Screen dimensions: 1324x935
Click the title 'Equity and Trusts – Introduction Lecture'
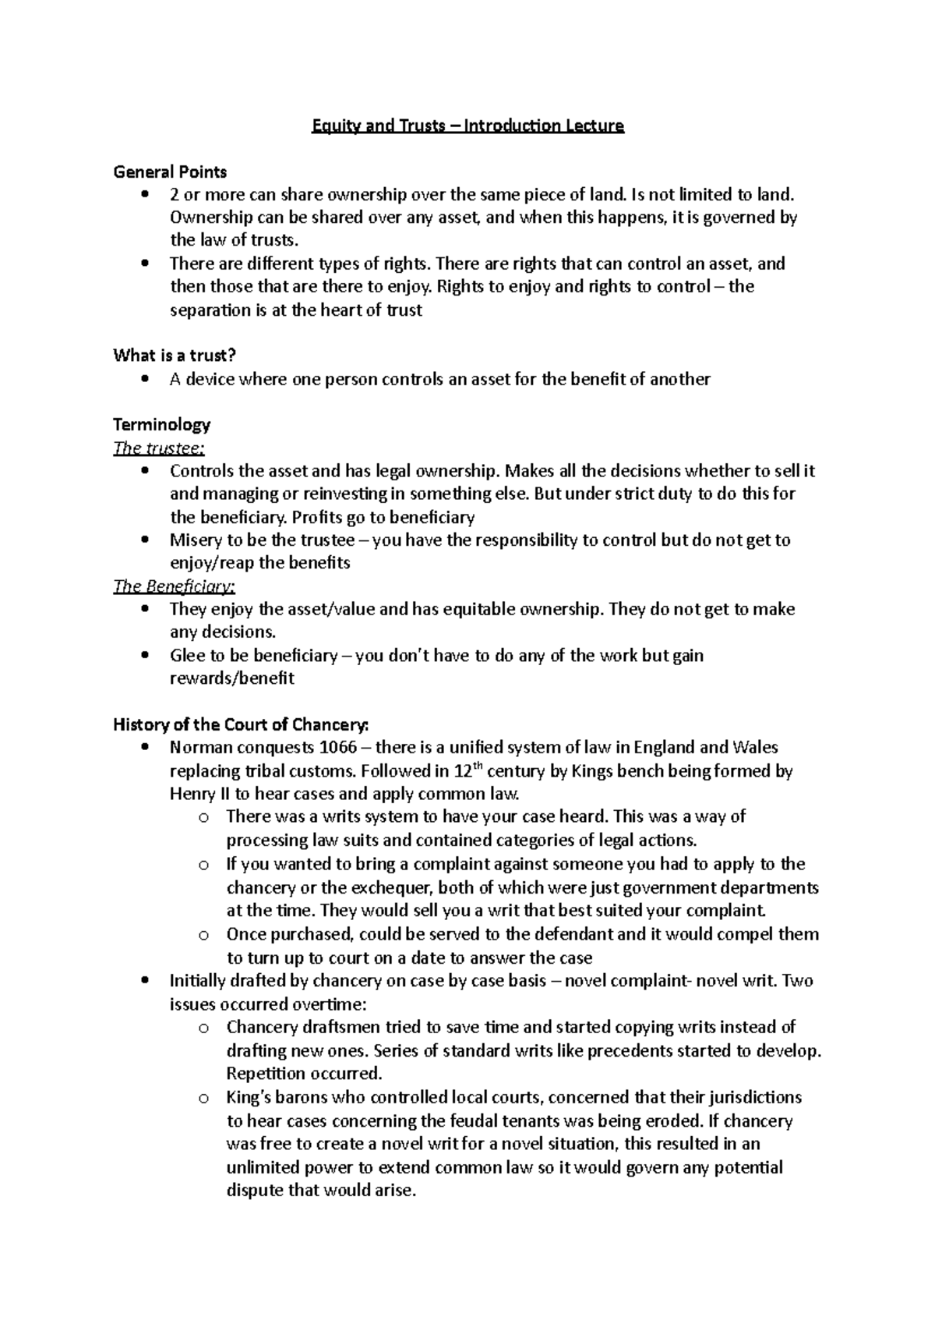click(467, 126)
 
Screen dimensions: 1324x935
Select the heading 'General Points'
click(170, 172)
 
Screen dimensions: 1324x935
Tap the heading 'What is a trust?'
click(175, 356)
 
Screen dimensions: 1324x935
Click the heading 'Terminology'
click(162, 425)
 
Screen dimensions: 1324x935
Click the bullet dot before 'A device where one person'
click(145, 380)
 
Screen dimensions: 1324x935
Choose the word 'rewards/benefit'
click(232, 678)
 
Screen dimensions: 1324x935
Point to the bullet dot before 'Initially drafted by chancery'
click(145, 981)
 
